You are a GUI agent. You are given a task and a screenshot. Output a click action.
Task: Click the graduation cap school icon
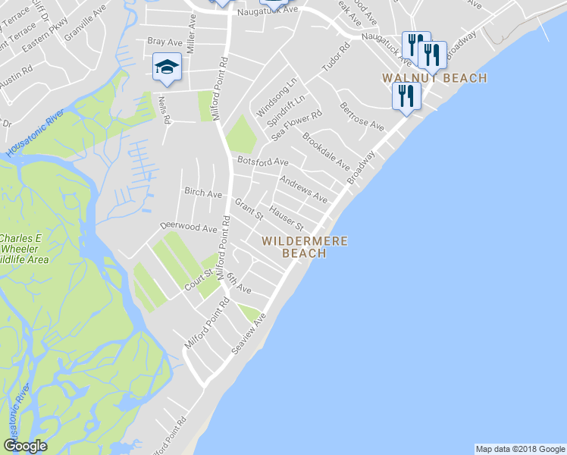[167, 67]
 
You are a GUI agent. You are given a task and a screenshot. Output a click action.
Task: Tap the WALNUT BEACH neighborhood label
[434, 78]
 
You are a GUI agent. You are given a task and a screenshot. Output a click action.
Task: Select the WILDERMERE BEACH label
[305, 247]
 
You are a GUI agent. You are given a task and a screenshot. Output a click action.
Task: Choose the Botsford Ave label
[263, 162]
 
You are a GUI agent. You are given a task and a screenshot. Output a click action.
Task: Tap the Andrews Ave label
[303, 190]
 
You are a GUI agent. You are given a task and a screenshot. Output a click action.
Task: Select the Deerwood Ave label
[189, 227]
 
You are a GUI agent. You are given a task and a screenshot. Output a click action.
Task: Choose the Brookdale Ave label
[326, 151]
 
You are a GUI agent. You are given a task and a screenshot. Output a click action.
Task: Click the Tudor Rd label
[337, 58]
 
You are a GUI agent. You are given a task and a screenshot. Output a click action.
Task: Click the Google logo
[25, 446]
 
